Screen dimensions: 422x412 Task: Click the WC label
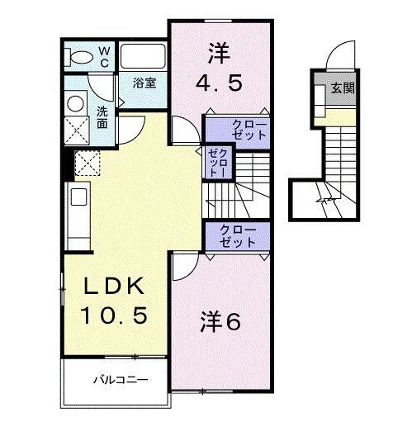(x=105, y=56)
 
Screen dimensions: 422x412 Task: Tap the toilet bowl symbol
(x=82, y=56)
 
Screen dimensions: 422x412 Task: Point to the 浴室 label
(x=144, y=84)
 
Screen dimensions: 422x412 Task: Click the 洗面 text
(x=102, y=117)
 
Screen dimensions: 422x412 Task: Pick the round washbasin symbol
(x=76, y=103)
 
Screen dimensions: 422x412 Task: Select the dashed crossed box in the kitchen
(x=86, y=162)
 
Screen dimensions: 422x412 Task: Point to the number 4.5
(x=219, y=83)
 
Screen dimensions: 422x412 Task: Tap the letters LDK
(x=114, y=287)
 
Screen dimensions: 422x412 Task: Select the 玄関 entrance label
(x=343, y=88)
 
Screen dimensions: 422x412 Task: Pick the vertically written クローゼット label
(x=218, y=164)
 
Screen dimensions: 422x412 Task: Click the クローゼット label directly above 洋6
(x=238, y=236)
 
